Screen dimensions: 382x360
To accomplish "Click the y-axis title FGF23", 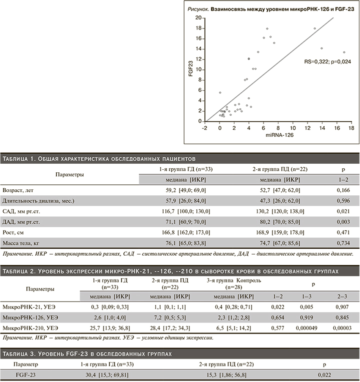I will [x=191, y=69].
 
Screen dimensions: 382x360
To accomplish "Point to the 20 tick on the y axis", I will [x=198, y=17].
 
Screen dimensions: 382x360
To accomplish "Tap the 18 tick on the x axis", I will [x=351, y=128].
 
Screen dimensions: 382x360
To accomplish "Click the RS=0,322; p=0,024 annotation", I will [x=327, y=61].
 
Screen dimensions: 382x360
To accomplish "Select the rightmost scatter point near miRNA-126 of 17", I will [x=344, y=52].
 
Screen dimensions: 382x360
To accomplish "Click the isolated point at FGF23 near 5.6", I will [x=220, y=92].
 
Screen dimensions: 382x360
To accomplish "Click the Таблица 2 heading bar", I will [x=180, y=271].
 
